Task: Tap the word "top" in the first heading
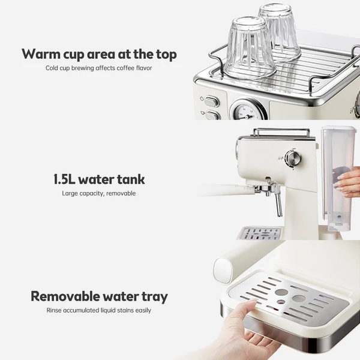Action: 166,55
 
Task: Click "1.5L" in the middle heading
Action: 64,179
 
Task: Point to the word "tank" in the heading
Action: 131,179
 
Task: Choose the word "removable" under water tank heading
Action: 121,193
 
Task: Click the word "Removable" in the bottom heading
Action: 65,296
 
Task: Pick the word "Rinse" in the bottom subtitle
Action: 54,310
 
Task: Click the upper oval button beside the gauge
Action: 211,102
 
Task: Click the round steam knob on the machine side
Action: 293,158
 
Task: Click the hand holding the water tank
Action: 348,182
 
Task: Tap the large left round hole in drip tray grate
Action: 282,292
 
